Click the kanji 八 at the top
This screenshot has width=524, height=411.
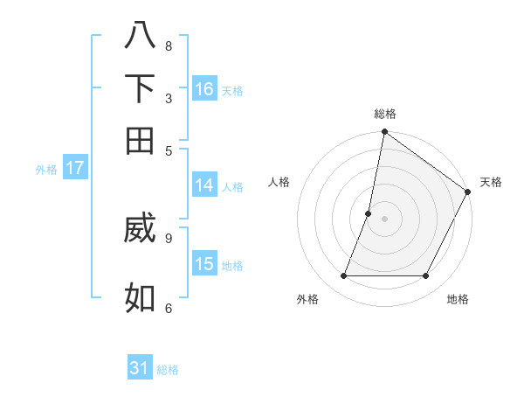click(140, 36)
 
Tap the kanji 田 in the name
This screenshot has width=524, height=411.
click(140, 140)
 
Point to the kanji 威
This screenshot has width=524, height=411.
click(140, 229)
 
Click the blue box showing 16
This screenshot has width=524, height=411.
click(204, 88)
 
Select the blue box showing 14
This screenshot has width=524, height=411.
click(204, 185)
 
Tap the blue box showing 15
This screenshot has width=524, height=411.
click(204, 263)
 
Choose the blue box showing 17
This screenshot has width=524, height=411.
click(74, 168)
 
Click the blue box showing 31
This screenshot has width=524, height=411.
click(140, 368)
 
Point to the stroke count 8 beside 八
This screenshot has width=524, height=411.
click(169, 45)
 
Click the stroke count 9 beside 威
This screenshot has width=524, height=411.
click(169, 236)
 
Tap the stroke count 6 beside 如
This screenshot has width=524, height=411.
click(169, 307)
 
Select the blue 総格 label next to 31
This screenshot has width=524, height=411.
click(168, 370)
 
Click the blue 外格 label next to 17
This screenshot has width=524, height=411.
click(46, 170)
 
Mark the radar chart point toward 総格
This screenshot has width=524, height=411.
click(384, 133)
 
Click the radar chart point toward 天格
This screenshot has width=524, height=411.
click(468, 192)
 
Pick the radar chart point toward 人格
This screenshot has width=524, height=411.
click(369, 213)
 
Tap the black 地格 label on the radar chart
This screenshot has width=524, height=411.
click(458, 299)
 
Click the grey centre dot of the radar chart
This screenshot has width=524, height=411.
click(384, 219)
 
